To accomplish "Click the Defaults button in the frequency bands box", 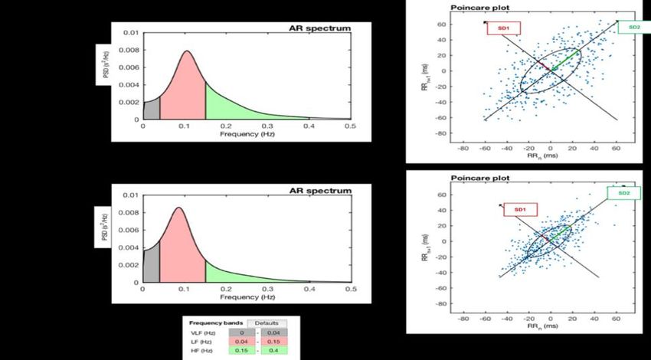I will [267, 323].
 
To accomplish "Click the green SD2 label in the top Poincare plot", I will [634, 28].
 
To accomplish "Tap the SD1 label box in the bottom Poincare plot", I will [520, 209].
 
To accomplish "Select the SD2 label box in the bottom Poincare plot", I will [625, 193].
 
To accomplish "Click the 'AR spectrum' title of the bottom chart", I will [325, 191].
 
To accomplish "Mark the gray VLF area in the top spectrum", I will [152, 110].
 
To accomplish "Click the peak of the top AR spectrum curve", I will [186, 51].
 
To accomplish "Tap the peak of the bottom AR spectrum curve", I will [179, 208].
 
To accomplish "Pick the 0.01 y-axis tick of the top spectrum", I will [132, 33].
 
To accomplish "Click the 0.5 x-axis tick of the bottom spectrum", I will [350, 290].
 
